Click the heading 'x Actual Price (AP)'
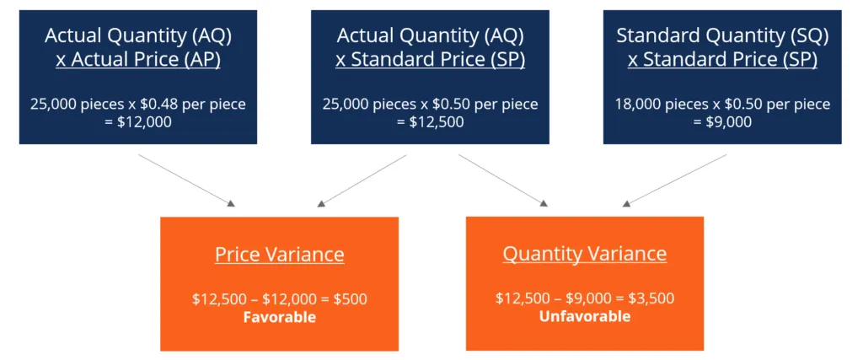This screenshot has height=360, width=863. pos(138,60)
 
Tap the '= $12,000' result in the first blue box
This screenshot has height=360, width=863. pos(138,121)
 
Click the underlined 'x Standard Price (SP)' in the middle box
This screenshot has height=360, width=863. pos(431,60)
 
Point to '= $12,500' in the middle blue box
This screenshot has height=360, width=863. pos(431,121)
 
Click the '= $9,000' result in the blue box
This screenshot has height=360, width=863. pos(722,121)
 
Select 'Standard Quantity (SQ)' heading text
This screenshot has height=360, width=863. pos(722,35)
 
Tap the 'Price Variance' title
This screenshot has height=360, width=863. pos(280,255)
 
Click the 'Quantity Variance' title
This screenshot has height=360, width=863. pos(585,255)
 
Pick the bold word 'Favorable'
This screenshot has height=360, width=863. pos(280,317)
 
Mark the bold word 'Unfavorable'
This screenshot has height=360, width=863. pos(585,316)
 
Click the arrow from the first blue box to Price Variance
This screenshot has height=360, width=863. pos(186,180)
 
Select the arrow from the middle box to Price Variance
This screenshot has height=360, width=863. pos(362,180)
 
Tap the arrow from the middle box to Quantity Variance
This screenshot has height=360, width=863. pos(503,180)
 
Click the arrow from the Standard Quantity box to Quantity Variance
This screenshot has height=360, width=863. pos(674,180)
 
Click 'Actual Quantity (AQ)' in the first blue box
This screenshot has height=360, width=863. pos(138,35)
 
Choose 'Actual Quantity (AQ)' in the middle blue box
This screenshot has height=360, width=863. pos(431,35)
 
